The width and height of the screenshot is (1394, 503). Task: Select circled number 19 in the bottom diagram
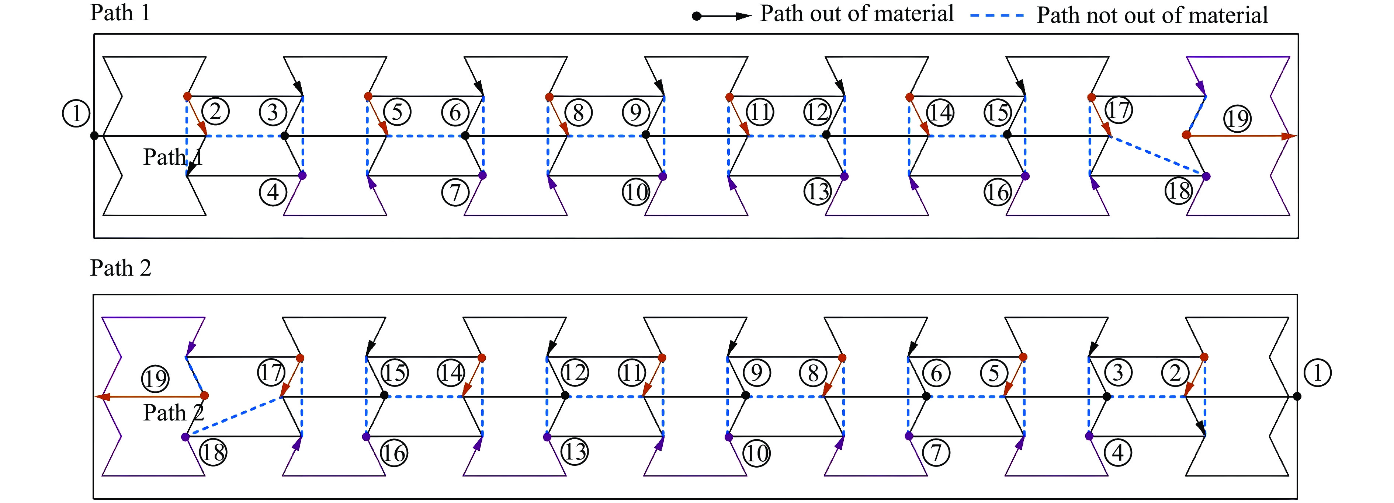(155, 378)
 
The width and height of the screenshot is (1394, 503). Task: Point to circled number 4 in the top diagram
(273, 192)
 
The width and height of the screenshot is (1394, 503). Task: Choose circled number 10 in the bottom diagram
(756, 453)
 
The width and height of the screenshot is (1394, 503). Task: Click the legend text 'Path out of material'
(857, 14)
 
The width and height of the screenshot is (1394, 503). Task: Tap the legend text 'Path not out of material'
(1152, 15)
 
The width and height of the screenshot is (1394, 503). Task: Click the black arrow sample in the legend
(722, 16)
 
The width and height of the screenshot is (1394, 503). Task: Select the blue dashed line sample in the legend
(997, 16)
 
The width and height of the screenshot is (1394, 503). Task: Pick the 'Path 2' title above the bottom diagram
(120, 268)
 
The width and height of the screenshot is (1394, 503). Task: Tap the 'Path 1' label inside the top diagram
(172, 157)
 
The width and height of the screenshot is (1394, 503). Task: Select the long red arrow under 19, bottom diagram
(152, 397)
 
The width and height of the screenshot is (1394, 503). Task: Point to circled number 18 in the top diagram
(1179, 191)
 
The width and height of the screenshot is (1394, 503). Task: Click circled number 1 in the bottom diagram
(1318, 373)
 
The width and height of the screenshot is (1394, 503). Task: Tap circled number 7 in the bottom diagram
(937, 452)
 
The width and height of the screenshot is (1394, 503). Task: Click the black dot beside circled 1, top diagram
(94, 135)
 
